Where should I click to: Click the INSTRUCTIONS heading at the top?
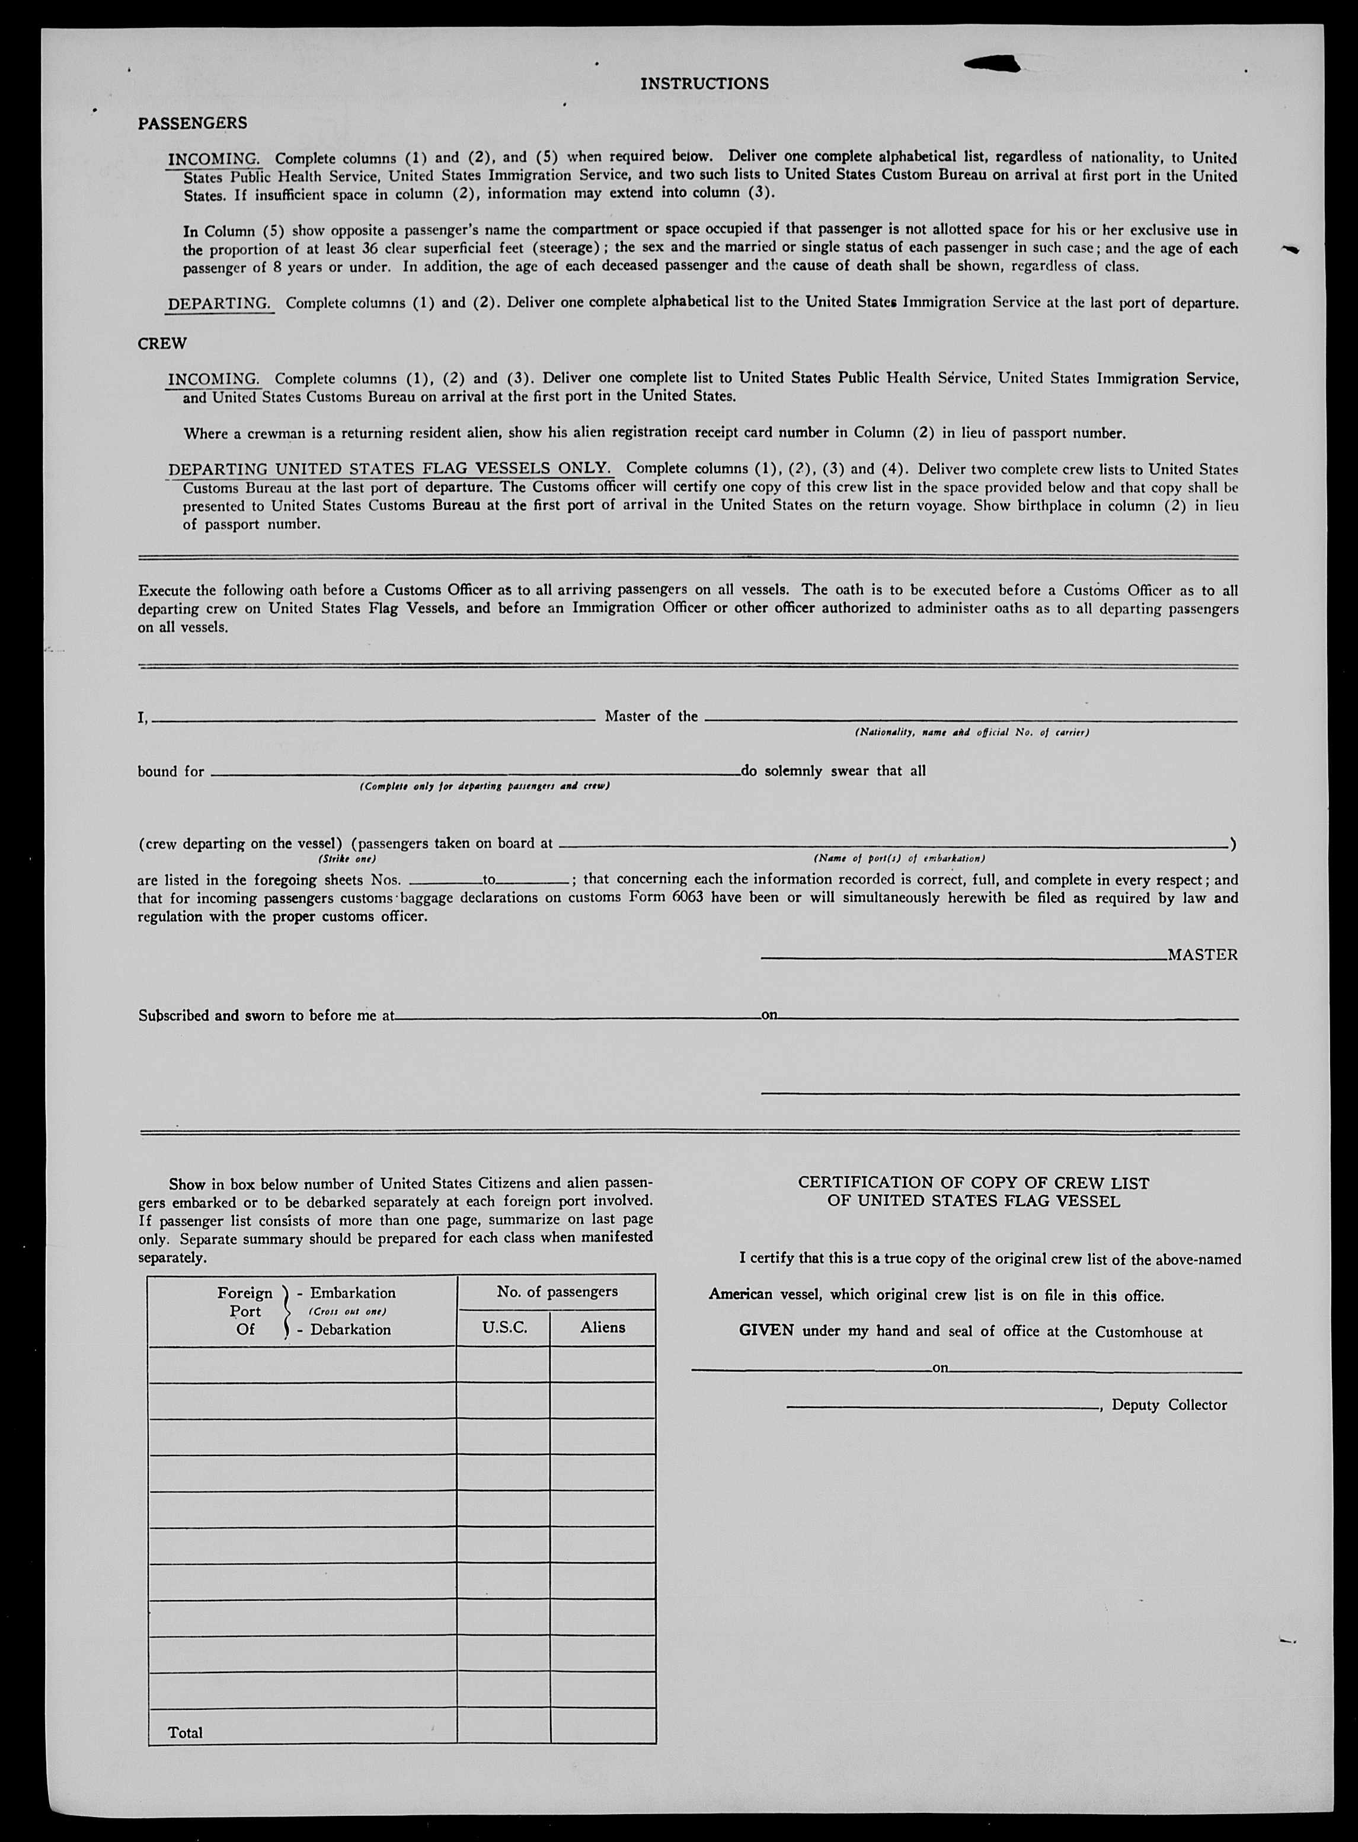point(704,84)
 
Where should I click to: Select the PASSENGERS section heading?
point(193,123)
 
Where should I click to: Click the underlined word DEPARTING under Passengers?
point(219,304)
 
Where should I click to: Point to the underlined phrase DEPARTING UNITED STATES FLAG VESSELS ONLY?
point(389,470)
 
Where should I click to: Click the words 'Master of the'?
point(651,716)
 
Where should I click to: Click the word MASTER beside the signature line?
point(1202,954)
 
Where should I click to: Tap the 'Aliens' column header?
point(603,1327)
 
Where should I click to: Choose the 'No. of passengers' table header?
point(557,1291)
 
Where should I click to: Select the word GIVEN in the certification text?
point(766,1331)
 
